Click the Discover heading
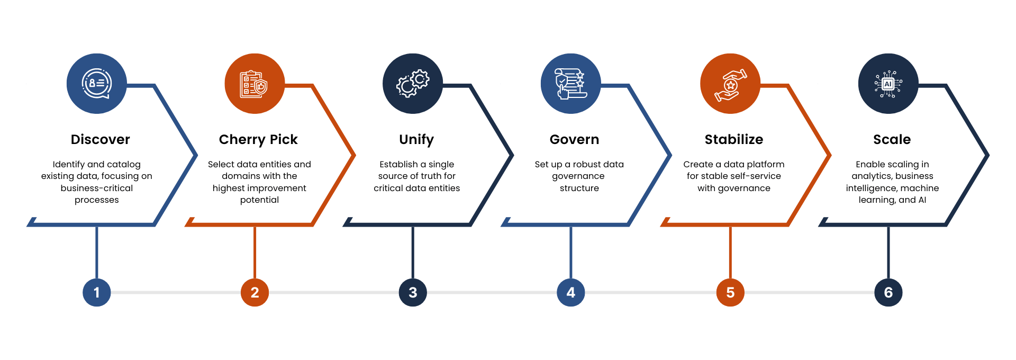[x=100, y=139]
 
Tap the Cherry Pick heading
[x=258, y=139]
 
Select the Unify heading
[x=416, y=139]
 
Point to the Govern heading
[x=574, y=139]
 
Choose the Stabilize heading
[x=733, y=139]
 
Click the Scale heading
[x=892, y=139]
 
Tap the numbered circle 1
[x=96, y=292]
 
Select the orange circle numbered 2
[x=255, y=292]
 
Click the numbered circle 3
[x=413, y=292]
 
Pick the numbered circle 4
[x=570, y=292]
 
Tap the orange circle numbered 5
[x=730, y=292]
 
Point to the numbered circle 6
[x=888, y=292]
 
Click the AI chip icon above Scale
[x=888, y=84]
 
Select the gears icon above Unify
[x=413, y=84]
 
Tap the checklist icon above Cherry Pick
[x=255, y=84]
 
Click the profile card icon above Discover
[x=96, y=84]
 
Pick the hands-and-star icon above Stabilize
[x=730, y=84]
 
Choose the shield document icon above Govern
[x=570, y=84]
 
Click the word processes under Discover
[x=96, y=200]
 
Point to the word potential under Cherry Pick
[x=259, y=200]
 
